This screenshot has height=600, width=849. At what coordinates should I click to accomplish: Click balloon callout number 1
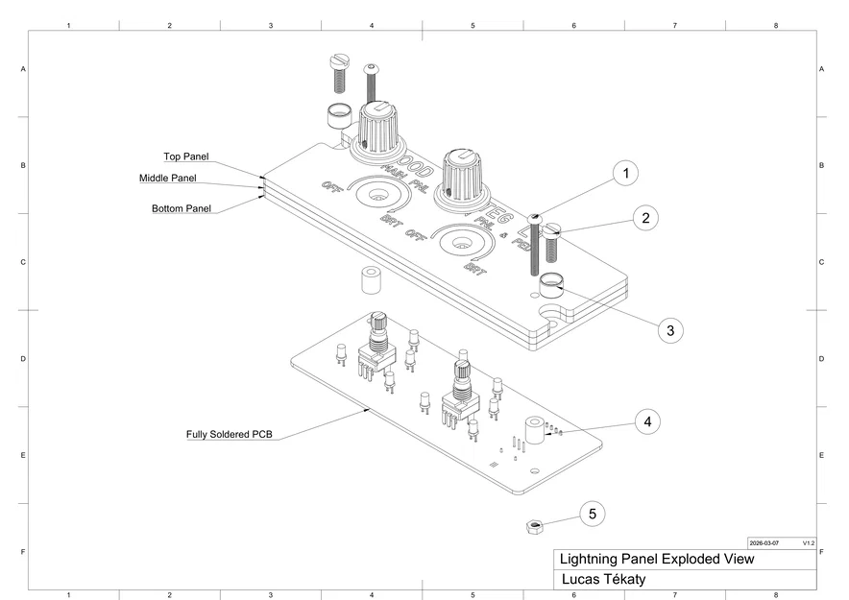tap(625, 174)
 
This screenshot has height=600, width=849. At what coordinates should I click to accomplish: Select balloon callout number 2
tap(645, 218)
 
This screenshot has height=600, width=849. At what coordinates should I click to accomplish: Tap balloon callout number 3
tap(670, 329)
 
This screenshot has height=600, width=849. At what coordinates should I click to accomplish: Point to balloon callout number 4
tap(647, 420)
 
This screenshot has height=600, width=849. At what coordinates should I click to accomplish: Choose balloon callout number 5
tap(593, 514)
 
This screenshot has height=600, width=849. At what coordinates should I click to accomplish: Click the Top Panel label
tap(185, 156)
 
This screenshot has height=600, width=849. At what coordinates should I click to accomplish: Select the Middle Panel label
tap(167, 179)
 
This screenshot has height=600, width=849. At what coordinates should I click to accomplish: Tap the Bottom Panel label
tap(182, 208)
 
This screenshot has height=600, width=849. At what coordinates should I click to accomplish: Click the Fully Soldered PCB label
tap(229, 434)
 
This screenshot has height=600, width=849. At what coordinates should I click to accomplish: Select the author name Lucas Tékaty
tap(602, 579)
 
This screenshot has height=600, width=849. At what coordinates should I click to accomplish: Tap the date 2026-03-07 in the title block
tap(765, 542)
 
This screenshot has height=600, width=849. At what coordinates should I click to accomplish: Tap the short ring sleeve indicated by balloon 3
tap(550, 284)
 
